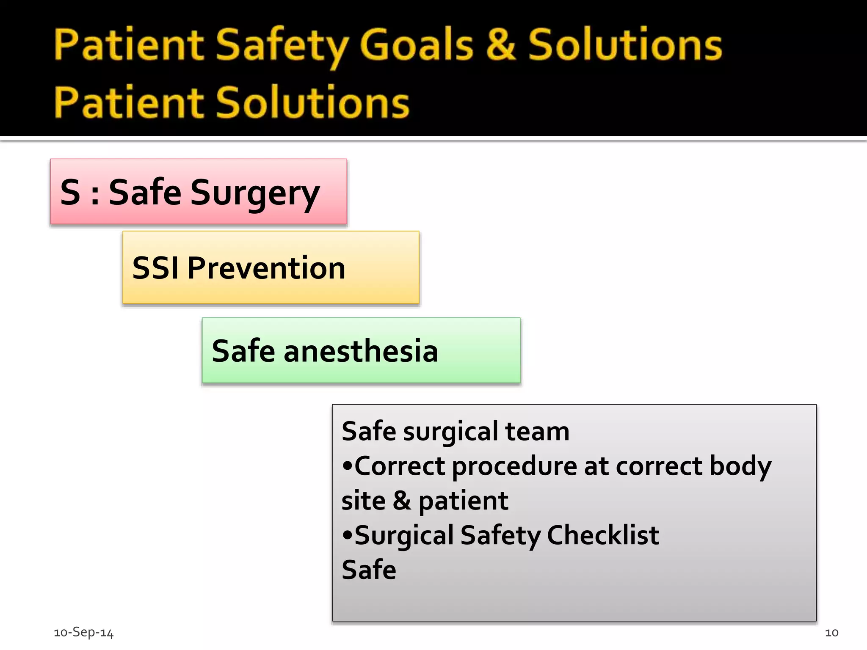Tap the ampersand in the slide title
[x=500, y=44]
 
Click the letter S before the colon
[x=70, y=193]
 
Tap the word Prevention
[x=266, y=268]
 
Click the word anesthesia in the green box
[x=361, y=351]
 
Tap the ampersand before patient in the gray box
[x=402, y=501]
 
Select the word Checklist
[x=603, y=535]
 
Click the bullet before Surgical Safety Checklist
[x=347, y=535]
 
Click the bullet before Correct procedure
[x=347, y=466]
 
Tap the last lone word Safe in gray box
[x=369, y=570]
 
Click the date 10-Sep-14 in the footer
[x=84, y=633]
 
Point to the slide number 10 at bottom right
[x=831, y=633]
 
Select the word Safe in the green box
[x=243, y=351]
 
